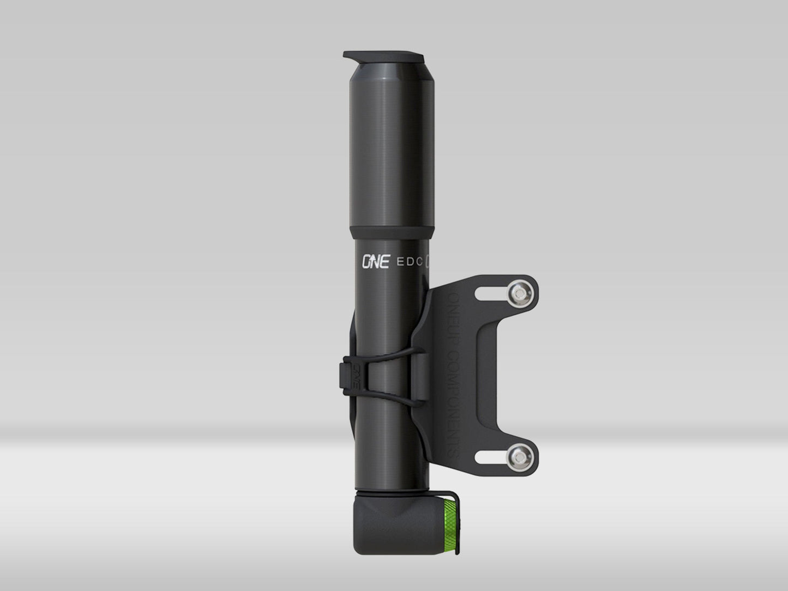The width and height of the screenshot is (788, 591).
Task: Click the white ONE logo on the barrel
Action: [x=376, y=262]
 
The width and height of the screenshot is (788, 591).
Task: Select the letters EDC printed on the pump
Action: [x=411, y=262]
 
